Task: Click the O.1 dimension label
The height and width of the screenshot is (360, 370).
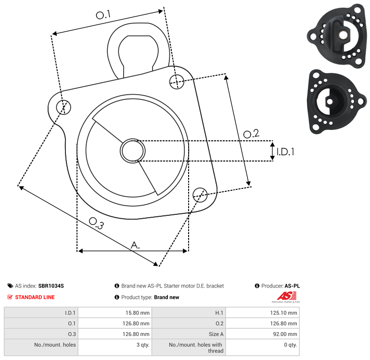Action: tap(103, 15)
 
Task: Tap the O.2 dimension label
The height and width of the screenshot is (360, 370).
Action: tap(251, 134)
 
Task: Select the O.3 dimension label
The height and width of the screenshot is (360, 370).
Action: tap(96, 223)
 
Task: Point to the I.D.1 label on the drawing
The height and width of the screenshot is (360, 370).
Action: tap(285, 152)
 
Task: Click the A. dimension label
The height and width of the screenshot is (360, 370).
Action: tap(136, 245)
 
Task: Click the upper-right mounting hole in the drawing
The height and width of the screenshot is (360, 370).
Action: tap(177, 80)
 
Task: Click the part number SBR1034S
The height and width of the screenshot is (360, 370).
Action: tap(51, 286)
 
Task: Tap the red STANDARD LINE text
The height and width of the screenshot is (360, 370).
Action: tap(35, 297)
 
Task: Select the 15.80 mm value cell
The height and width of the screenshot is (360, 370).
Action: tap(137, 313)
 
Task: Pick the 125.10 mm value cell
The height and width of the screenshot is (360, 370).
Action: tap(285, 313)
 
